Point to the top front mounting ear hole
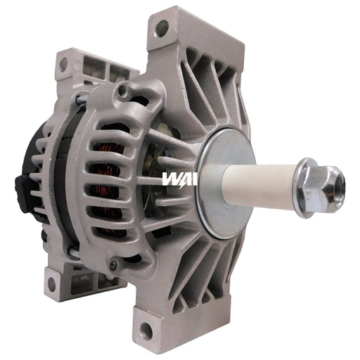(162, 29)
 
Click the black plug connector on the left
(21, 186)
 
